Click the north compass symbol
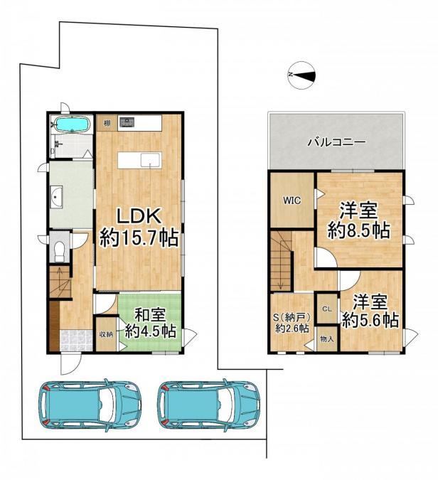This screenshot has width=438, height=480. tap(301, 75)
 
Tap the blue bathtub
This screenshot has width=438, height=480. tap(72, 124)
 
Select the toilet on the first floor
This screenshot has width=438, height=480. tap(60, 251)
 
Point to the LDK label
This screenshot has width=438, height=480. tap(139, 217)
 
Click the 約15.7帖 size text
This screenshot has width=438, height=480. tap(139, 238)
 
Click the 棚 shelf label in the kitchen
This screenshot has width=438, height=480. tap(107, 123)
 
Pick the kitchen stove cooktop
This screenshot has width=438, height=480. tap(127, 122)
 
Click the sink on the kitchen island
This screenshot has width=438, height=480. tap(150, 160)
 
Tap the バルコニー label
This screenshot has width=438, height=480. tap(337, 142)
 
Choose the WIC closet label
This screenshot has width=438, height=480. tap(292, 201)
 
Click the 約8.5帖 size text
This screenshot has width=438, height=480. tap(359, 230)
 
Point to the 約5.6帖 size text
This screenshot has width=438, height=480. tap(370, 320)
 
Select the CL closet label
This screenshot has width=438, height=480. tap(327, 309)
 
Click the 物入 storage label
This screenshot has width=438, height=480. tap(327, 339)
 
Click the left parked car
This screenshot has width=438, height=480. tap(90, 405)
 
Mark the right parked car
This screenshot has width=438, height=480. tap(209, 405)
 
